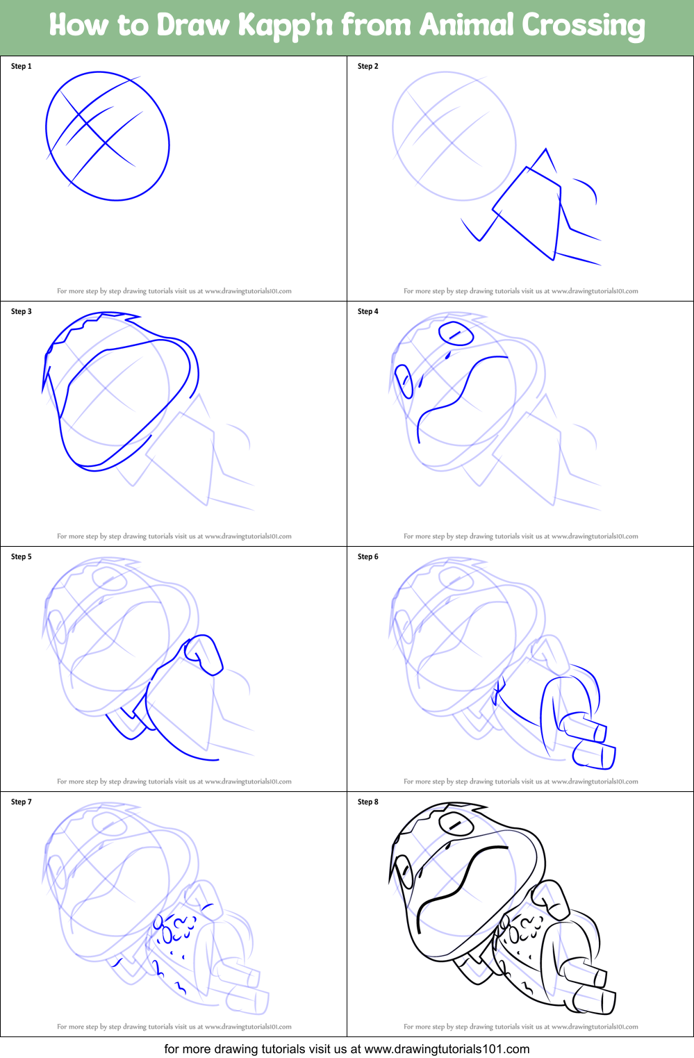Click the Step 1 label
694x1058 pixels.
click(22, 66)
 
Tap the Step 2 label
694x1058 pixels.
click(367, 66)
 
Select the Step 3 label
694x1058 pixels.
click(22, 311)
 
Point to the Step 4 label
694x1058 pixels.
click(367, 311)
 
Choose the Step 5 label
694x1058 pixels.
click(22, 556)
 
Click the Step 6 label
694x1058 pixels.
click(367, 556)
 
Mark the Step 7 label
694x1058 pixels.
click(22, 802)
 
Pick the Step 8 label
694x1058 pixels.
click(367, 802)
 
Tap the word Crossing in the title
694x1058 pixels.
click(584, 26)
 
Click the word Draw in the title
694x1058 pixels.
click(192, 26)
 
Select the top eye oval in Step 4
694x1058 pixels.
click(456, 334)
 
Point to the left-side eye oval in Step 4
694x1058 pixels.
click(404, 381)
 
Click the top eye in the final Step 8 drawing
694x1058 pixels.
click(456, 825)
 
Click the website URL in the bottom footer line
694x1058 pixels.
click(447, 1049)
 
